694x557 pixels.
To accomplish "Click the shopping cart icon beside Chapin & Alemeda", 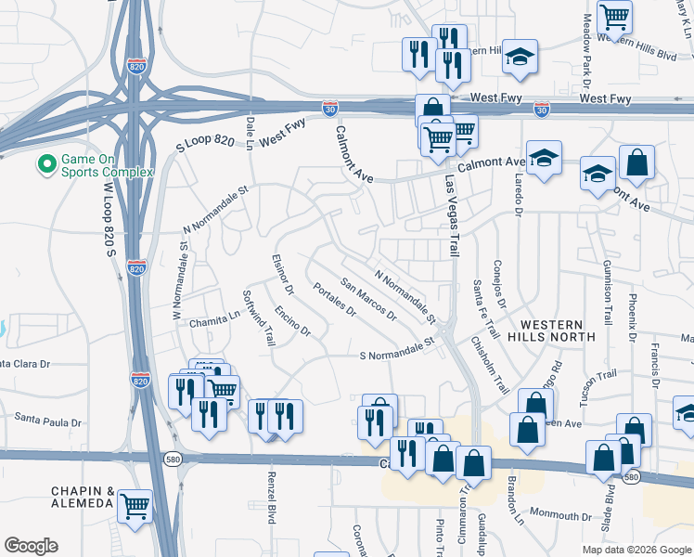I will point(135,506).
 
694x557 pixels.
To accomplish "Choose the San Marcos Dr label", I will point(369,299).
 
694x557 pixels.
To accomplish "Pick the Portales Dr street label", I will point(335,300).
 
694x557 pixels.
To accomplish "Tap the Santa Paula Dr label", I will point(47,422).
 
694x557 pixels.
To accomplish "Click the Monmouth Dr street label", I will point(560,515).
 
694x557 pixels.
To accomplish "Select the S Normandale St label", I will point(397,349).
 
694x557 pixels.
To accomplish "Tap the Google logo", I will point(31,546).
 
